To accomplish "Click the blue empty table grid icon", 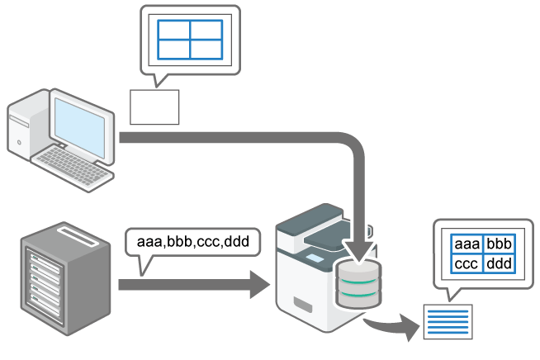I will [190, 39].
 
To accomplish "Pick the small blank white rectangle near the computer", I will [154, 107].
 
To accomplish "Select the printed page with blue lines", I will [448, 321].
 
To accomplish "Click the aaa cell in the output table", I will [467, 245].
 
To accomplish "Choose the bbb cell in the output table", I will [500, 245].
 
